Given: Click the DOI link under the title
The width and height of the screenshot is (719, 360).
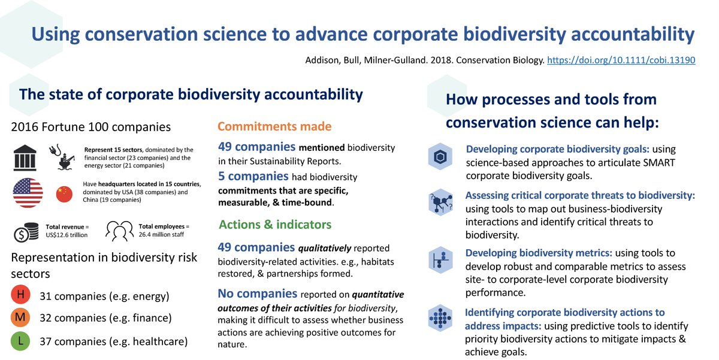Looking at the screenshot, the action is click(621, 60).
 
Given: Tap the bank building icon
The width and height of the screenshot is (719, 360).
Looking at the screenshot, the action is click(25, 158).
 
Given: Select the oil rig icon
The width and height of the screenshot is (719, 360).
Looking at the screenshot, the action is click(62, 157).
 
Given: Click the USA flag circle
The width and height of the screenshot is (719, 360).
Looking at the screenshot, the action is click(28, 193).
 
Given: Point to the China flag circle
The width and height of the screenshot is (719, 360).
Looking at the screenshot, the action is click(64, 194).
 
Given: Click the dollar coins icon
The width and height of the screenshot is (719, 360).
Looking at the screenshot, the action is click(26, 232).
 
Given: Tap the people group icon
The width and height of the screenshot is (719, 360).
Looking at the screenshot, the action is click(119, 231).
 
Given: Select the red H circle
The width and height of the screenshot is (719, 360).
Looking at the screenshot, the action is click(20, 294).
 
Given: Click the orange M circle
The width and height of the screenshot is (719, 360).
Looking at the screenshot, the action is click(20, 317).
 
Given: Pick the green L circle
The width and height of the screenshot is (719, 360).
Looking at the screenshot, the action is click(20, 341).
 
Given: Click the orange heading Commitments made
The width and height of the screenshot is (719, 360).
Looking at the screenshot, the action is click(274, 126).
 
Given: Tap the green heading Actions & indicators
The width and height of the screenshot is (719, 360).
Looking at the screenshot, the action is click(275, 225).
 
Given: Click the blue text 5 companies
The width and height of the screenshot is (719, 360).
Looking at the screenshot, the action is click(253, 177).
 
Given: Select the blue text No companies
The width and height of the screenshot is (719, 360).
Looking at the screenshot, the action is click(258, 294).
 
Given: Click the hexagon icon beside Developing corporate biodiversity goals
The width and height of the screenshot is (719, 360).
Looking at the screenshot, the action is click(440, 156).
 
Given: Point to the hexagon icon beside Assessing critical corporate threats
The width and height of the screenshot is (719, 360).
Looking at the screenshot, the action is click(440, 202).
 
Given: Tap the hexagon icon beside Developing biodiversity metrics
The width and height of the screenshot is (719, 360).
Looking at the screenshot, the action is click(440, 260).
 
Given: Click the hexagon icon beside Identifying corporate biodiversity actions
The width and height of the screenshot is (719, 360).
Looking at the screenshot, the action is click(440, 318).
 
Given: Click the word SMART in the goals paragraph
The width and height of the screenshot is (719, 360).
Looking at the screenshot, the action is click(659, 163).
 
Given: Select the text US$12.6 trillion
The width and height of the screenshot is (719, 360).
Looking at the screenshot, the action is click(67, 235).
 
